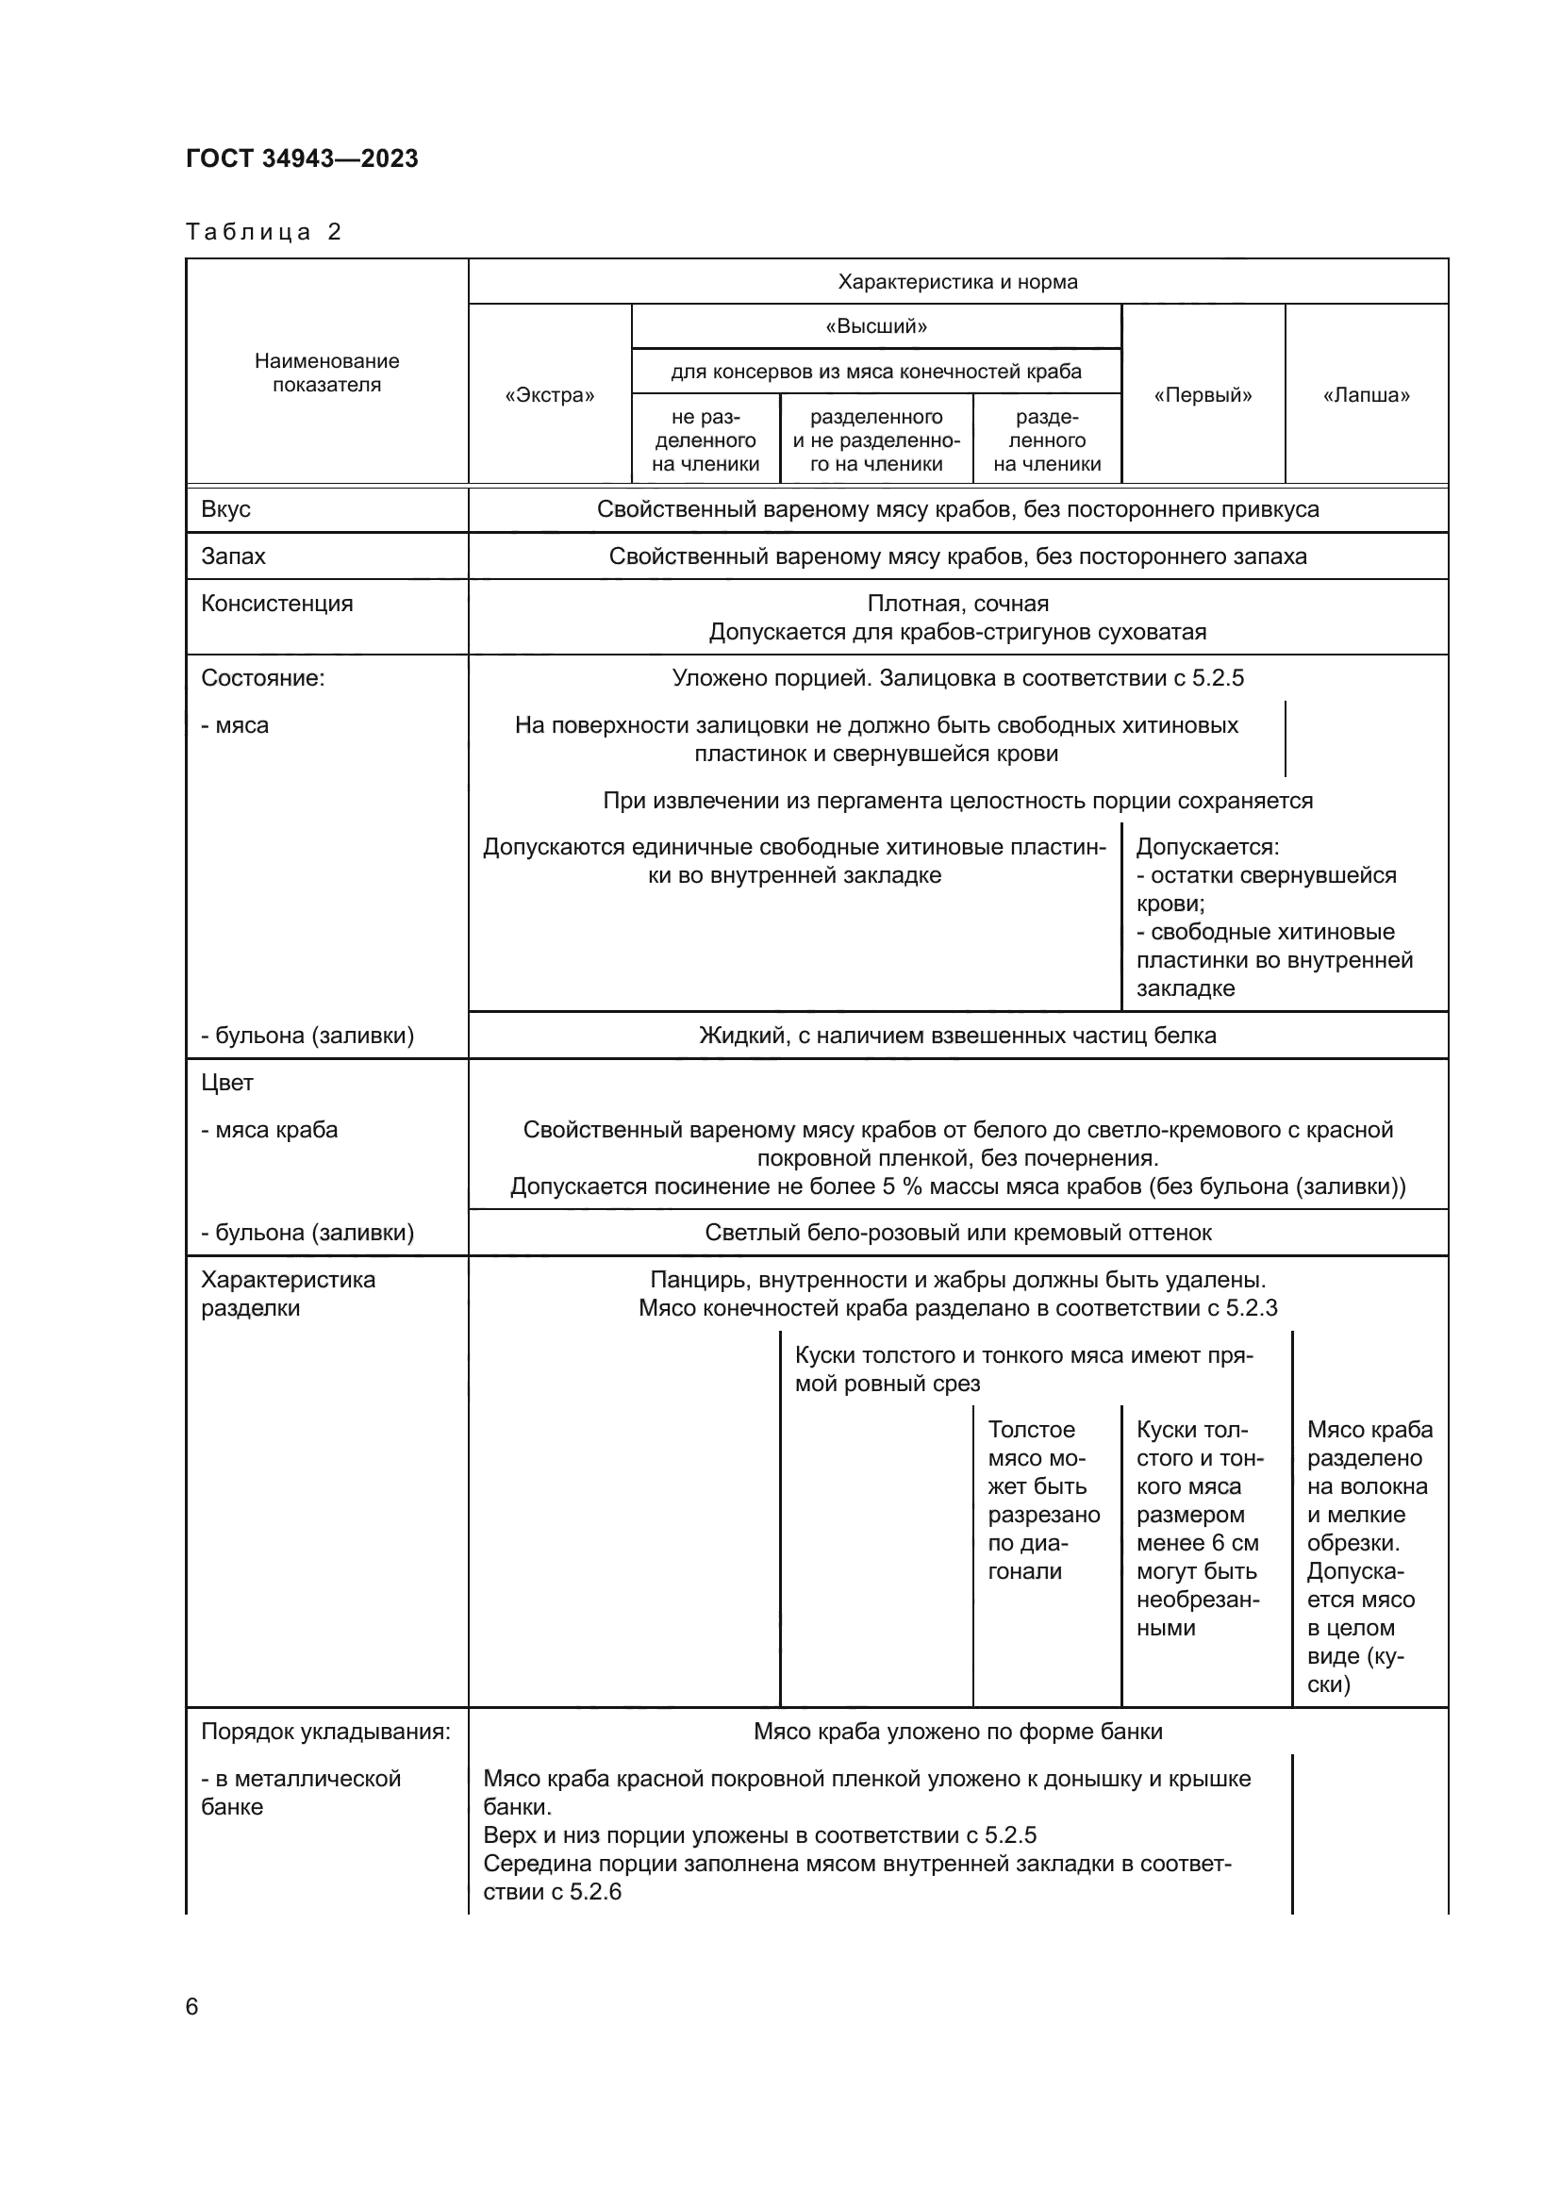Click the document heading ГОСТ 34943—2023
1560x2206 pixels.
[302, 158]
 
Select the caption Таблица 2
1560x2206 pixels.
[263, 232]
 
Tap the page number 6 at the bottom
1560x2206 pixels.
[192, 2006]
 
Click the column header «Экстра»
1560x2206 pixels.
[550, 395]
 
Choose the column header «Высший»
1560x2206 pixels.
[876, 325]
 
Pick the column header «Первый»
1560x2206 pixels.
[1203, 395]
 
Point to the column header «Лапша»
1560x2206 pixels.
[1366, 395]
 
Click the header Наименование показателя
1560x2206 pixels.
[326, 373]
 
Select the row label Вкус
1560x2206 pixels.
[225, 509]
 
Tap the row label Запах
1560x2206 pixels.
[233, 556]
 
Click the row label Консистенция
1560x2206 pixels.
[276, 604]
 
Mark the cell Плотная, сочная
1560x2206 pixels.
[957, 604]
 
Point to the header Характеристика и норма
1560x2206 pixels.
[957, 281]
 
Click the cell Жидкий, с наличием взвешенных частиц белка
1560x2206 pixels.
[957, 1035]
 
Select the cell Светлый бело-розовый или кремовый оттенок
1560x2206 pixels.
[957, 1232]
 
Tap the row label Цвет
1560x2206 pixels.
[226, 1082]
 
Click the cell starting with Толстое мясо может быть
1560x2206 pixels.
[1043, 1500]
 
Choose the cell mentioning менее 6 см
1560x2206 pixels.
[1198, 1529]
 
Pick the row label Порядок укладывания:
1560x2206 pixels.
[325, 1732]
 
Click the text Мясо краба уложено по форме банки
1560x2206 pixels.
[957, 1732]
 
